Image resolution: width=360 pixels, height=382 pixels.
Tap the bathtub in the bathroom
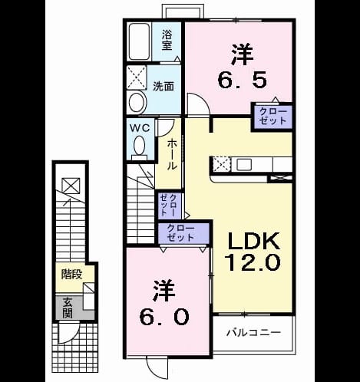(139, 41)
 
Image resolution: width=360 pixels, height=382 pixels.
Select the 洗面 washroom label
(163, 87)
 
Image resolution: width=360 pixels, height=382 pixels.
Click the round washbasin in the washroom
(137, 102)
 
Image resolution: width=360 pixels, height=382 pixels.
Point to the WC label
(140, 128)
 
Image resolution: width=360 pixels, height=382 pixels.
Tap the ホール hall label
(172, 155)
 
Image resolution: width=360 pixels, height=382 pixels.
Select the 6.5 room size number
(242, 79)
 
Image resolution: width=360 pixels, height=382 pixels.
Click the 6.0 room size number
(164, 317)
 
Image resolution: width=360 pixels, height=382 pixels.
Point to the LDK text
(253, 241)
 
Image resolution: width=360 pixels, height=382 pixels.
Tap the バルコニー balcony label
(254, 333)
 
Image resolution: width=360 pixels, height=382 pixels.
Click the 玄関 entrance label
(68, 308)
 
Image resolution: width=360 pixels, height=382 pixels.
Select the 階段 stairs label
(71, 275)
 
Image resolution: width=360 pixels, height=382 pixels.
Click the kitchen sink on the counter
(244, 164)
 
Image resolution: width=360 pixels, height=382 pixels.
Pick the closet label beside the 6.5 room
(272, 117)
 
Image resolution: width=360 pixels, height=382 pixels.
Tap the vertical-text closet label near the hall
(168, 205)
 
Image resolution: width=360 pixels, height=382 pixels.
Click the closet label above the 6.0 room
(180, 233)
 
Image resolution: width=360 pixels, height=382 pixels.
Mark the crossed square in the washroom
(137, 77)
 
